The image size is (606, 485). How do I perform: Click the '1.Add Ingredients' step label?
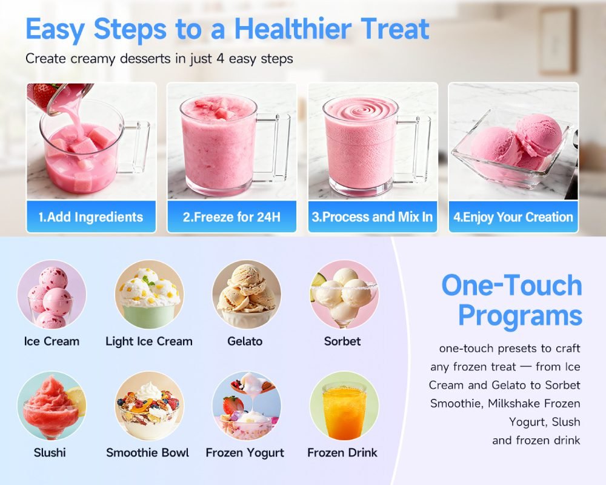point(91,217)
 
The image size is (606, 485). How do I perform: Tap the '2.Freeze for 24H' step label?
point(231,217)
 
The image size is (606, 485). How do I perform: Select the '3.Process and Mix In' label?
point(372,217)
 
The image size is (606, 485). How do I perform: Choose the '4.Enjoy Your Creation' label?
point(513,217)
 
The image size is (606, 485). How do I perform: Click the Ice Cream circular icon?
point(52,295)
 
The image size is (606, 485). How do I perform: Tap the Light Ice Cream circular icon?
point(149,295)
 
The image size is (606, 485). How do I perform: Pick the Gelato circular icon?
point(246,295)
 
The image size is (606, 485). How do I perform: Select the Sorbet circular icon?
point(344,295)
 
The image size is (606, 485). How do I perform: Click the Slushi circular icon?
point(52,406)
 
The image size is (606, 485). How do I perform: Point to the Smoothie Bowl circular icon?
point(149,406)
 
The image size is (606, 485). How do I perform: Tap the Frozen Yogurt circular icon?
point(246,406)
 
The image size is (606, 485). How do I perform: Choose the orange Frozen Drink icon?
point(344,406)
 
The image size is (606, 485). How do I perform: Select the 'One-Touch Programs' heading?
point(512,300)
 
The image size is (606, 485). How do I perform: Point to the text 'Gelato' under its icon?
point(245,341)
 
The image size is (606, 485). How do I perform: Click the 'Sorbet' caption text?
point(342,341)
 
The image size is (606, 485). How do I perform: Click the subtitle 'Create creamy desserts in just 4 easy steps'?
point(159,59)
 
